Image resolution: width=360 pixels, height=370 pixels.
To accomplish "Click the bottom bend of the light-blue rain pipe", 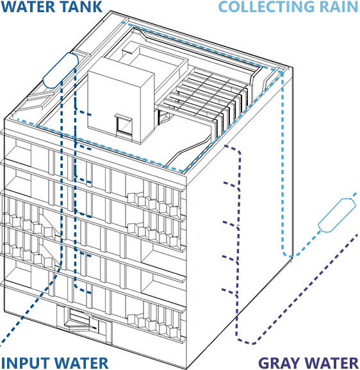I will tap(290, 256).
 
